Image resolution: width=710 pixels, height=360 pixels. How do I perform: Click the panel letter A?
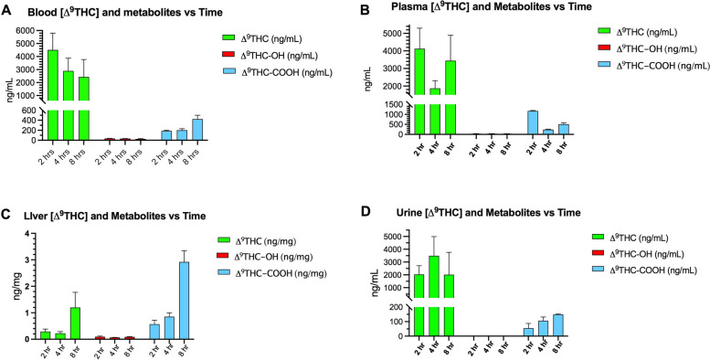click(x=7, y=8)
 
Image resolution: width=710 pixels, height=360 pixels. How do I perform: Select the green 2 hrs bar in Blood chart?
click(x=54, y=91)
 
